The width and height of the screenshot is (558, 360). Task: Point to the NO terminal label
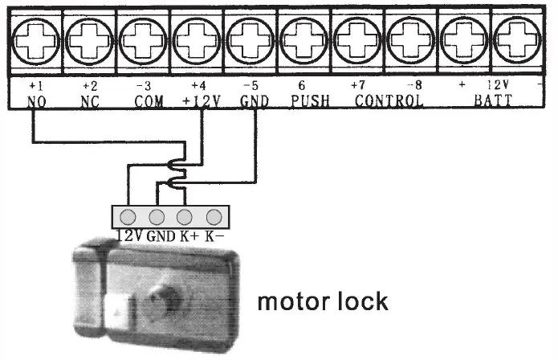tap(36, 102)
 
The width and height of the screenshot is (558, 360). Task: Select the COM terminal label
tap(147, 102)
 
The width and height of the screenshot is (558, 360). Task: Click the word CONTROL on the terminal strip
tap(389, 102)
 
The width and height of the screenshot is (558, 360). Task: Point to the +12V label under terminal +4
tap(197, 102)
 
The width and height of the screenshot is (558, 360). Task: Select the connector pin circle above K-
tap(214, 216)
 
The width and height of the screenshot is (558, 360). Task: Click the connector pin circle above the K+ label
tap(185, 216)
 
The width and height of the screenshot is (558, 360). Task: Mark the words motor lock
tap(322, 302)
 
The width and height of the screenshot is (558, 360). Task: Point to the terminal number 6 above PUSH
tap(301, 84)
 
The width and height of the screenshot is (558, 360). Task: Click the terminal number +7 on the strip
tap(358, 84)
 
